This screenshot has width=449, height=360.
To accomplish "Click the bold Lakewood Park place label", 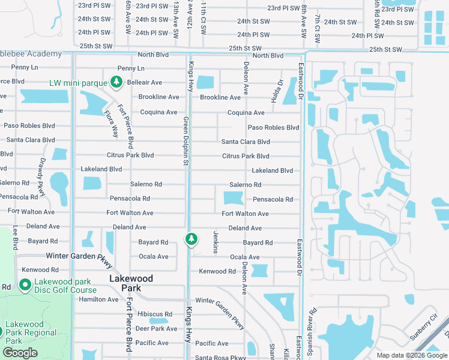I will pyautogui.click(x=131, y=283).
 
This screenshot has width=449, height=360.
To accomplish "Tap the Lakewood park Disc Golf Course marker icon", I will pyautogui.click(x=25, y=284).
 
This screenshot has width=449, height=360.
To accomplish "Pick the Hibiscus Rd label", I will pyautogui.click(x=154, y=314).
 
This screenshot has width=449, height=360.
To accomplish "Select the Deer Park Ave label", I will pyautogui.click(x=156, y=329).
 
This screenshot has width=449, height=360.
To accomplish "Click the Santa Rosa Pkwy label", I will pyautogui.click(x=219, y=358).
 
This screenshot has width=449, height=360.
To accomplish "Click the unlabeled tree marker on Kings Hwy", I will pyautogui.click(x=191, y=239).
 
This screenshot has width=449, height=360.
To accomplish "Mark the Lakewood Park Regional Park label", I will pyautogui.click(x=31, y=332).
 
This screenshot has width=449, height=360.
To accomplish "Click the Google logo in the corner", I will pyautogui.click(x=20, y=353).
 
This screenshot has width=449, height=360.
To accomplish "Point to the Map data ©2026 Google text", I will pyautogui.click(x=411, y=355).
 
